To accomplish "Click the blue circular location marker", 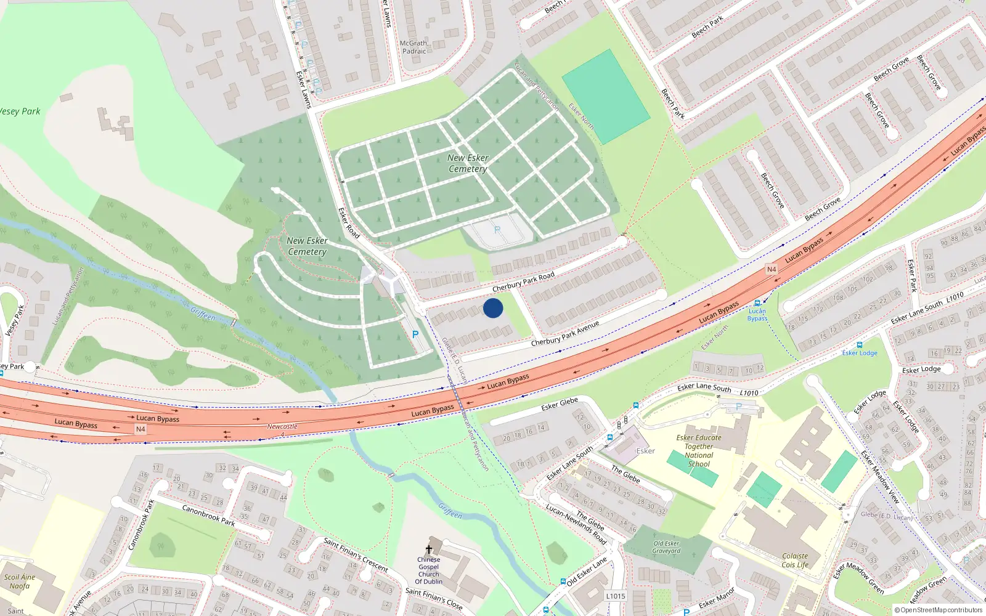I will pos(493,308).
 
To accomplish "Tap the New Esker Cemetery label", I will pos(468,163).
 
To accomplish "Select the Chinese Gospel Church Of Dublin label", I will pos(428,570).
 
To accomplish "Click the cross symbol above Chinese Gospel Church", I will pos(429,549).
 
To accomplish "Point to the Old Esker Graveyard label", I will pos(666,547).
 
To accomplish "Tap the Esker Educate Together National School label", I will pos(699,451).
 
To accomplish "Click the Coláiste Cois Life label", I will pos(795,560).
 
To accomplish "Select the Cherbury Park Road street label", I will pos(523,282).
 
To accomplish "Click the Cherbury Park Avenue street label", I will pos(564,333).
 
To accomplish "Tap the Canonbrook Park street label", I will pos(208,515).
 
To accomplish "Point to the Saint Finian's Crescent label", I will pos(356,554).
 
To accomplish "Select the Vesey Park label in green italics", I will pos(20,111).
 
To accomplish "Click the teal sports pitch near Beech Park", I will pos(606,97).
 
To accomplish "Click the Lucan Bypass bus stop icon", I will pos(757,303).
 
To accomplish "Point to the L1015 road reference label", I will pos(615,596).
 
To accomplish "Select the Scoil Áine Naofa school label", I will pos(20,582).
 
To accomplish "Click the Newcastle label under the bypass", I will pos(282,426).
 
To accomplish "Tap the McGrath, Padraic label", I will pos(414,47).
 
